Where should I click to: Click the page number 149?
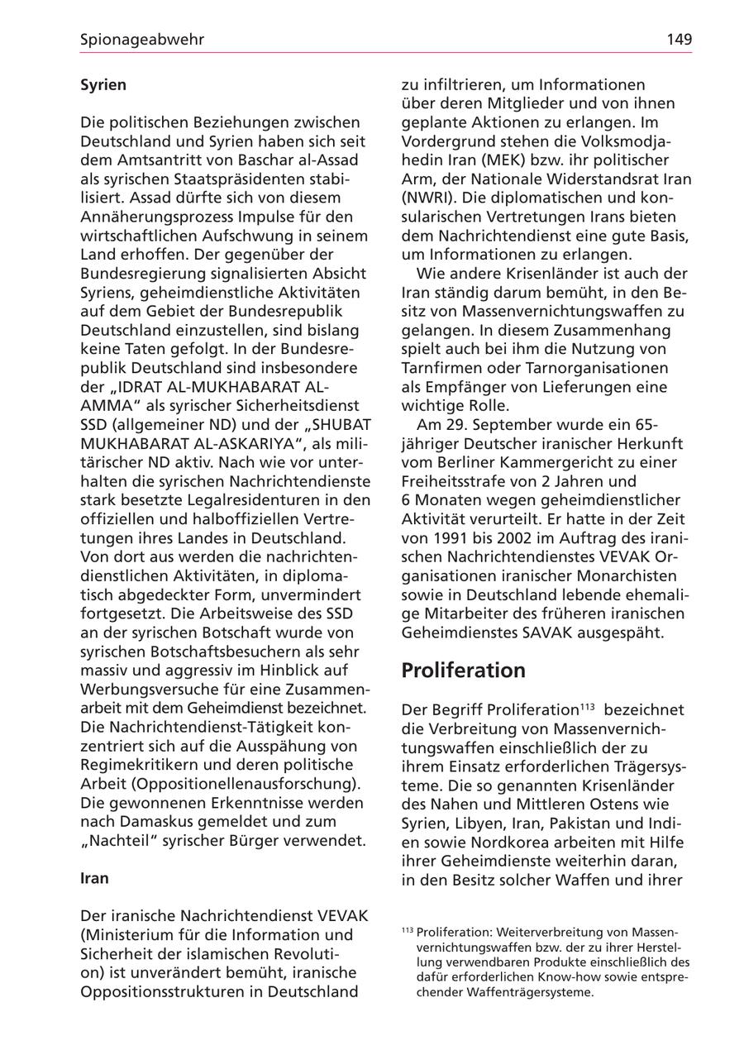[x=680, y=39]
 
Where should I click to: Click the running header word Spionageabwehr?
[x=142, y=39]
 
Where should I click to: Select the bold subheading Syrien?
[x=103, y=84]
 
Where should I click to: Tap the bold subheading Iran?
[x=94, y=878]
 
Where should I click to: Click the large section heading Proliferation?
[x=463, y=671]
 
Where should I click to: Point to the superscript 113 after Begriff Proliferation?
[x=586, y=707]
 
